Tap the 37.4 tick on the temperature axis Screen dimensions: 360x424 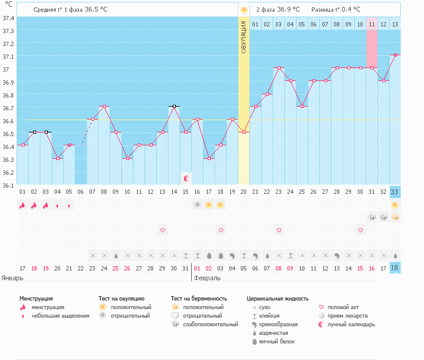pyautogui.click(x=9, y=18)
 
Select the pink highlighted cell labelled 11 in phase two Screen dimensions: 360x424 pyautogui.click(x=371, y=25)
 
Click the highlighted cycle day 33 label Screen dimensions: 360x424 pyautogui.click(x=395, y=192)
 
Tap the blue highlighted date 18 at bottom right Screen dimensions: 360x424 pyautogui.click(x=395, y=268)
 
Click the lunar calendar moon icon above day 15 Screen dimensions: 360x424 pyautogui.click(x=186, y=178)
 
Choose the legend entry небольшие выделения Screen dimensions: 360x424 pyautogui.click(x=60, y=316)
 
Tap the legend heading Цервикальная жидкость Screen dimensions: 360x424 pyautogui.click(x=279, y=299)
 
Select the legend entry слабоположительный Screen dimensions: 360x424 pyautogui.click(x=210, y=324)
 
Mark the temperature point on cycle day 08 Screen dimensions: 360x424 pyautogui.click(x=105, y=107)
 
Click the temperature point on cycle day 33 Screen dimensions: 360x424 pyautogui.click(x=395, y=55)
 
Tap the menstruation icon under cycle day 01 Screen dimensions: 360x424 pyautogui.click(x=22, y=205)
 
